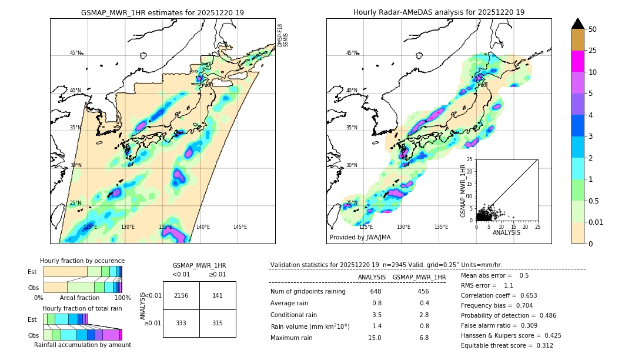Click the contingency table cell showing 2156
pyautogui.click(x=181, y=295)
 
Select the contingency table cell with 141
pyautogui.click(x=218, y=295)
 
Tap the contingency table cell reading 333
pyautogui.click(x=181, y=323)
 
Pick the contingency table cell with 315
pyautogui.click(x=218, y=323)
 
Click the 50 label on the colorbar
pyautogui.click(x=593, y=29)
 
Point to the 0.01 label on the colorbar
pyautogui.click(x=596, y=222)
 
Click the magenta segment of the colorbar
pyautogui.click(x=578, y=61)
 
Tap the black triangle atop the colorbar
pyautogui.click(x=578, y=24)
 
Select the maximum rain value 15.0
pyautogui.click(x=375, y=338)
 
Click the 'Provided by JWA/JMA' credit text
pyautogui.click(x=360, y=237)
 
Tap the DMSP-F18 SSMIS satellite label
pyautogui.click(x=283, y=35)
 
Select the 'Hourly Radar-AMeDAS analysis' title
pyautogui.click(x=439, y=12)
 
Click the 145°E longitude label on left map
pyautogui.click(x=240, y=227)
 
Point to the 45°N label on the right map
pyautogui.click(x=352, y=53)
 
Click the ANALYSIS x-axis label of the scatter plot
pyautogui.click(x=506, y=232)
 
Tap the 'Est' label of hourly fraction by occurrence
pyautogui.click(x=32, y=272)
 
